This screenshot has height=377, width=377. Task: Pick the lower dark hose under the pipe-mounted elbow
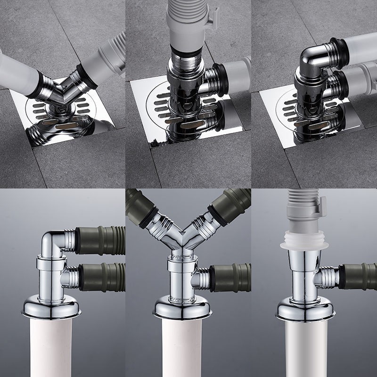click(x=101, y=278)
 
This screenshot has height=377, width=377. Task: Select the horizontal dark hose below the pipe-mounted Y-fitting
click(x=231, y=278)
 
